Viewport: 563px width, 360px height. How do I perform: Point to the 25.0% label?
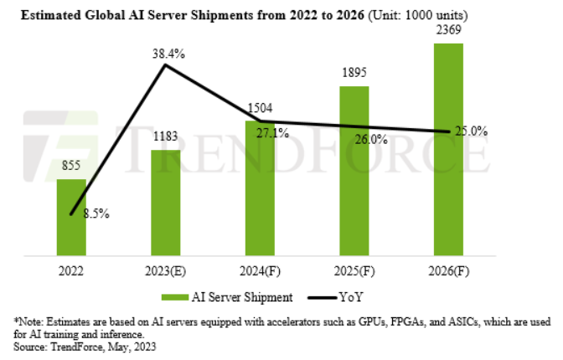tap(472, 131)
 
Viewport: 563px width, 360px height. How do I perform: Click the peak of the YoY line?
tap(164, 64)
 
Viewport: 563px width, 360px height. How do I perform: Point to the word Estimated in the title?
tap(44, 14)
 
